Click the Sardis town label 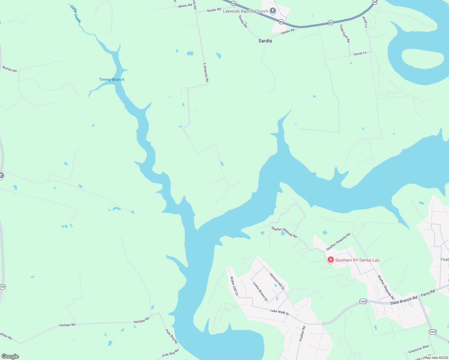pyautogui.click(x=265, y=41)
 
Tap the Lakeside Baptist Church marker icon pyautogui.click(x=273, y=11)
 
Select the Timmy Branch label pyautogui.click(x=112, y=79)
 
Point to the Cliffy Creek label pyautogui.click(x=76, y=14)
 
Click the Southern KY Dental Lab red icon pyautogui.click(x=331, y=260)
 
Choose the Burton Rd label pyautogui.click(x=10, y=69)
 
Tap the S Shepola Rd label pyautogui.click(x=206, y=72)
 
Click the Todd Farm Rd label pyautogui.click(x=345, y=33)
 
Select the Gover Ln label pyautogui.click(x=360, y=53)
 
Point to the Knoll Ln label pyautogui.click(x=365, y=22)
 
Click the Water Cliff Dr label pyautogui.click(x=234, y=286)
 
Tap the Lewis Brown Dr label pyautogui.click(x=260, y=291)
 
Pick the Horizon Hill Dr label pyautogui.click(x=277, y=281)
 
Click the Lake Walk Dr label pyautogui.click(x=279, y=312)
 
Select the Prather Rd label pyautogui.click(x=302, y=333)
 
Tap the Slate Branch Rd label pyautogui.click(x=404, y=300)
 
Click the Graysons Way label pyautogui.click(x=418, y=349)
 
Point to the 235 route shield pyautogui.click(x=2, y=287)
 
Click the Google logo pyautogui.click(x=10, y=356)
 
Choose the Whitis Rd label pyautogui.click(x=185, y=6)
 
